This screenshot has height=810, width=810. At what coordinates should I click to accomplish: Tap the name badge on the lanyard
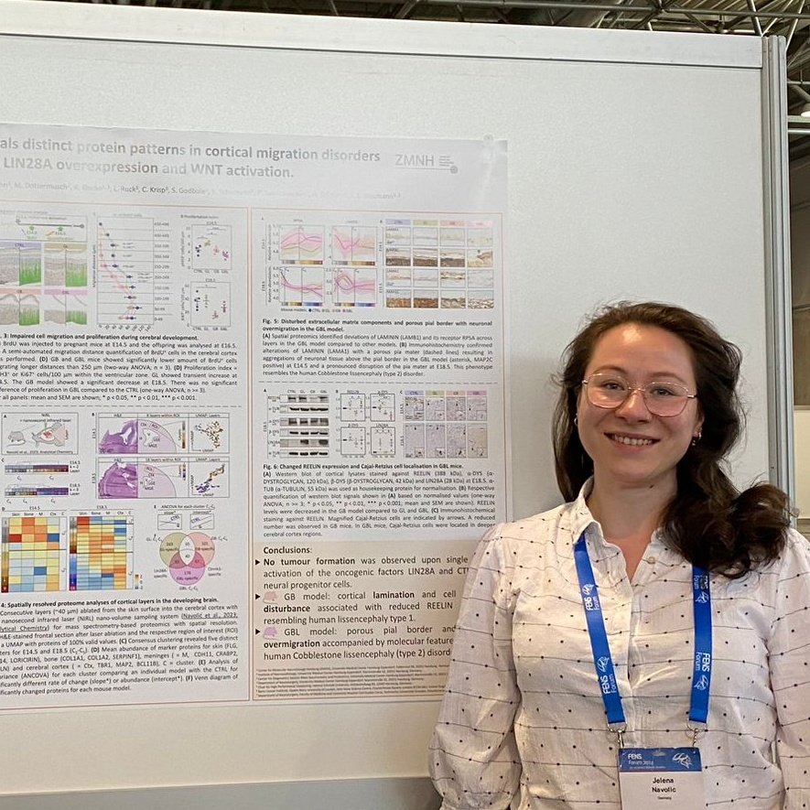pos(661,777)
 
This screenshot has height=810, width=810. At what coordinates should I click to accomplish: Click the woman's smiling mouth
pos(632,440)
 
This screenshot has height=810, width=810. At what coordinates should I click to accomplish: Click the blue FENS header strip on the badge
pos(660,759)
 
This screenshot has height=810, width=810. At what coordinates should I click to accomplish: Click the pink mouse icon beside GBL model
pos(270,631)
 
